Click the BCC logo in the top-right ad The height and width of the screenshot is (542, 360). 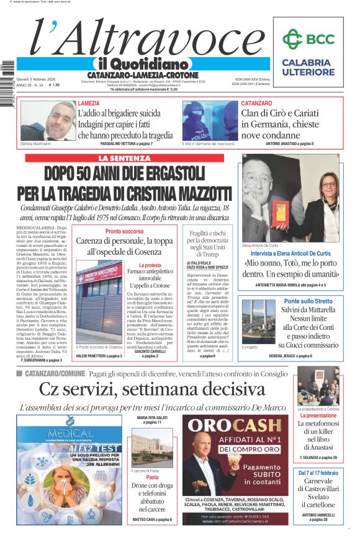pyautogui.click(x=308, y=38)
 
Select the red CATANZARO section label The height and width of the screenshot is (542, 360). pyautogui.click(x=256, y=103)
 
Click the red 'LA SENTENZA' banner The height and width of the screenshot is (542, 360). pyautogui.click(x=124, y=158)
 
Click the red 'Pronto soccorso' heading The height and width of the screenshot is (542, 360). pyautogui.click(x=124, y=231)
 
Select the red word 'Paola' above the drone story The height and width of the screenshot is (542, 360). pyautogui.click(x=152, y=478)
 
